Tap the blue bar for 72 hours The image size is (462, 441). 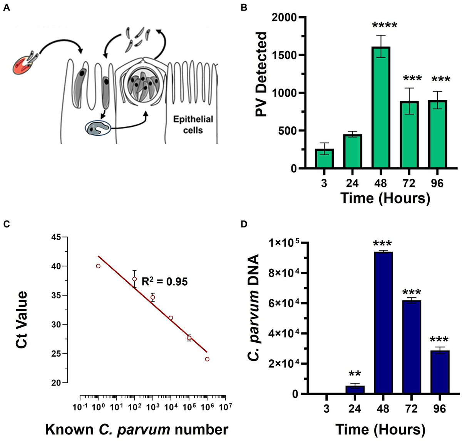412,347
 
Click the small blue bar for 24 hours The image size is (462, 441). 355,389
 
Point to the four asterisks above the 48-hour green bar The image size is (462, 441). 388,26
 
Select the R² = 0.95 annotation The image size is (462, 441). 164,281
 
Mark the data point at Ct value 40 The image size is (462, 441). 98,266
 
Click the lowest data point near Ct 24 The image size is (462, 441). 207,359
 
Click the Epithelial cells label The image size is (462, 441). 192,125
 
